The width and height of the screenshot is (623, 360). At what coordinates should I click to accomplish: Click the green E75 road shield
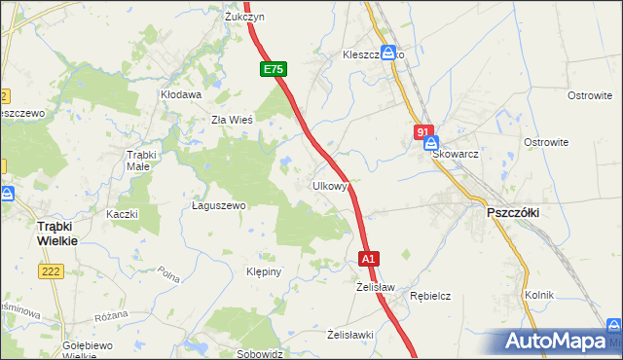274,70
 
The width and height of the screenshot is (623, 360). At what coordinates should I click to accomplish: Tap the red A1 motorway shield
369,259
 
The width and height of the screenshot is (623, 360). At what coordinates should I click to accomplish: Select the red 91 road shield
422,131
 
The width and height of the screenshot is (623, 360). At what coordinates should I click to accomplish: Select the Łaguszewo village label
219,206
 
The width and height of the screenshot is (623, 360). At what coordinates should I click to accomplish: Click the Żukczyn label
244,18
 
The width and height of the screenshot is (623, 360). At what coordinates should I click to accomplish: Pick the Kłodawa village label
181,95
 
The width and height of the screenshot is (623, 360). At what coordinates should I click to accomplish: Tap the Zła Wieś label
233,121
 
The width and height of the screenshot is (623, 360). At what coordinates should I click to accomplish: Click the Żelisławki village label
350,335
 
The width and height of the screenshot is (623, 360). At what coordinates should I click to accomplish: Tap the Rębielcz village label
429,295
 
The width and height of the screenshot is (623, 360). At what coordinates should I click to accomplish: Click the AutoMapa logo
561,342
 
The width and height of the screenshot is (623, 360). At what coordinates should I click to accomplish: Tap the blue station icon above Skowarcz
430,141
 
